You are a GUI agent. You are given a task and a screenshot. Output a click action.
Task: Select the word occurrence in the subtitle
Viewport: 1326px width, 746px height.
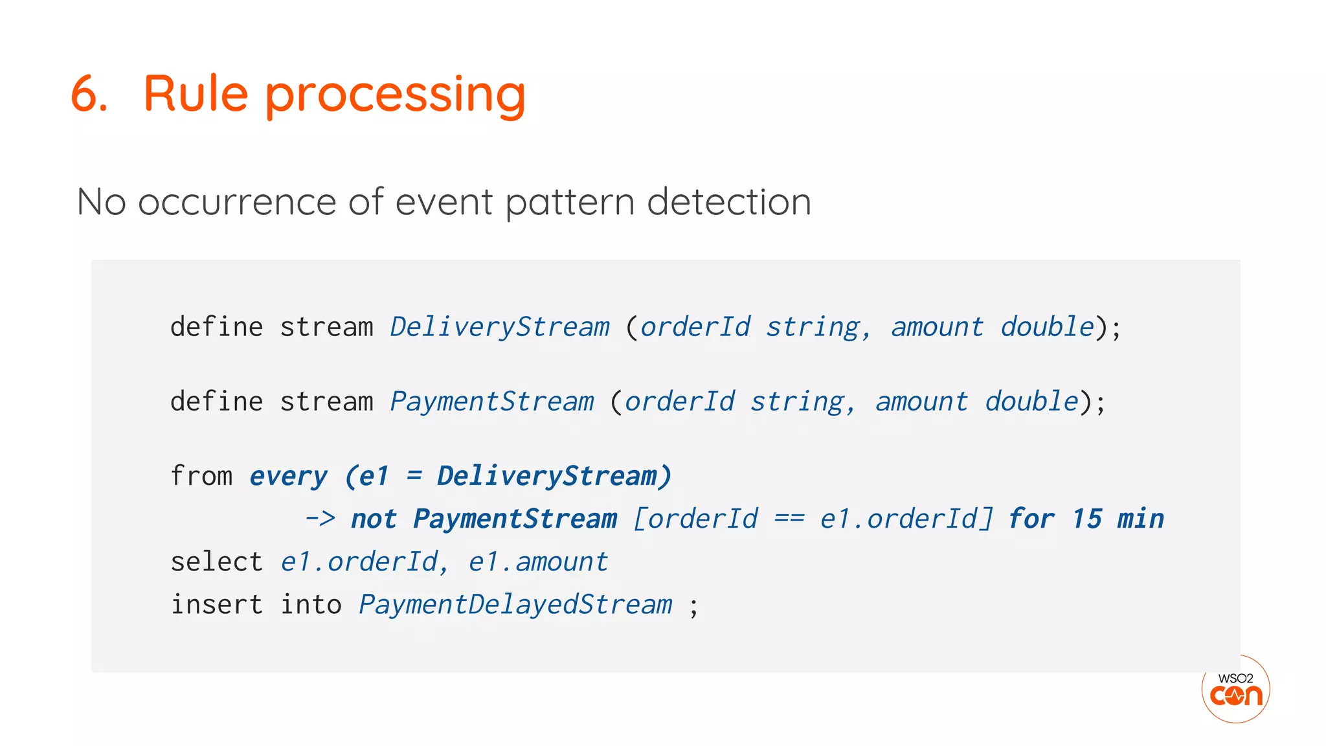coord(238,201)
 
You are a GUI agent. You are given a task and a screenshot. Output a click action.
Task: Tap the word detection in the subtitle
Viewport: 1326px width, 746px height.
coord(728,201)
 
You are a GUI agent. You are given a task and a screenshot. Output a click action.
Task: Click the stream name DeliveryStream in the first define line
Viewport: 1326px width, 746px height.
coord(499,327)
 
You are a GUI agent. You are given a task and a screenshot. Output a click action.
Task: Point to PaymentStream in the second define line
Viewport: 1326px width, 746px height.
coord(491,401)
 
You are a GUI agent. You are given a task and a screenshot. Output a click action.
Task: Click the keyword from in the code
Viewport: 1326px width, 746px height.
coord(201,476)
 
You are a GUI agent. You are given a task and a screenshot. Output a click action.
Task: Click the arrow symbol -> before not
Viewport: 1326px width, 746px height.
coord(320,519)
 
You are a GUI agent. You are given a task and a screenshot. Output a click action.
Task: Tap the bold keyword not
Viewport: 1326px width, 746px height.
coord(373,519)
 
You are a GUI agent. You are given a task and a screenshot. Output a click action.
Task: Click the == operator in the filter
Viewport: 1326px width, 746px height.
coord(789,519)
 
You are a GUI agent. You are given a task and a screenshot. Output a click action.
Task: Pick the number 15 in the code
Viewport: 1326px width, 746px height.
coord(1086,519)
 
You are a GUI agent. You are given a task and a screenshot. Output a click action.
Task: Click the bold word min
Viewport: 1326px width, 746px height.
coord(1140,519)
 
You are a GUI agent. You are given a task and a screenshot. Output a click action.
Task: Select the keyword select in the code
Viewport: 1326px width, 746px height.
coord(216,561)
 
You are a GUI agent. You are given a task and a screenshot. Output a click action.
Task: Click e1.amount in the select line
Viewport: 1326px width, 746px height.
coord(538,561)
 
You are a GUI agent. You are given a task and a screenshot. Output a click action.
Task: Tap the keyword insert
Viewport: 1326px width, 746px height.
coord(216,604)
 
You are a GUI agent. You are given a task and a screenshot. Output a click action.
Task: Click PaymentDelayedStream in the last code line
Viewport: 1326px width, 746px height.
coord(515,605)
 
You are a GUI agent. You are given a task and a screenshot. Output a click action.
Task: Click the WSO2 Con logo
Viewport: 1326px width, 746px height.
coord(1235,689)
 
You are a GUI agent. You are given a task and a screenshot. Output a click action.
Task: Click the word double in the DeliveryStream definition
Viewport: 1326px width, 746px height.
coord(1047,327)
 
